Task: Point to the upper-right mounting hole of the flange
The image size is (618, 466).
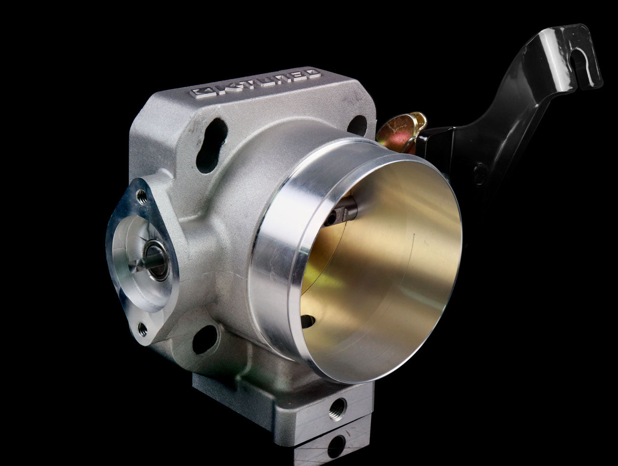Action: tap(358, 126)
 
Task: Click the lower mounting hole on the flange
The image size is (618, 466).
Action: tap(205, 339)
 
